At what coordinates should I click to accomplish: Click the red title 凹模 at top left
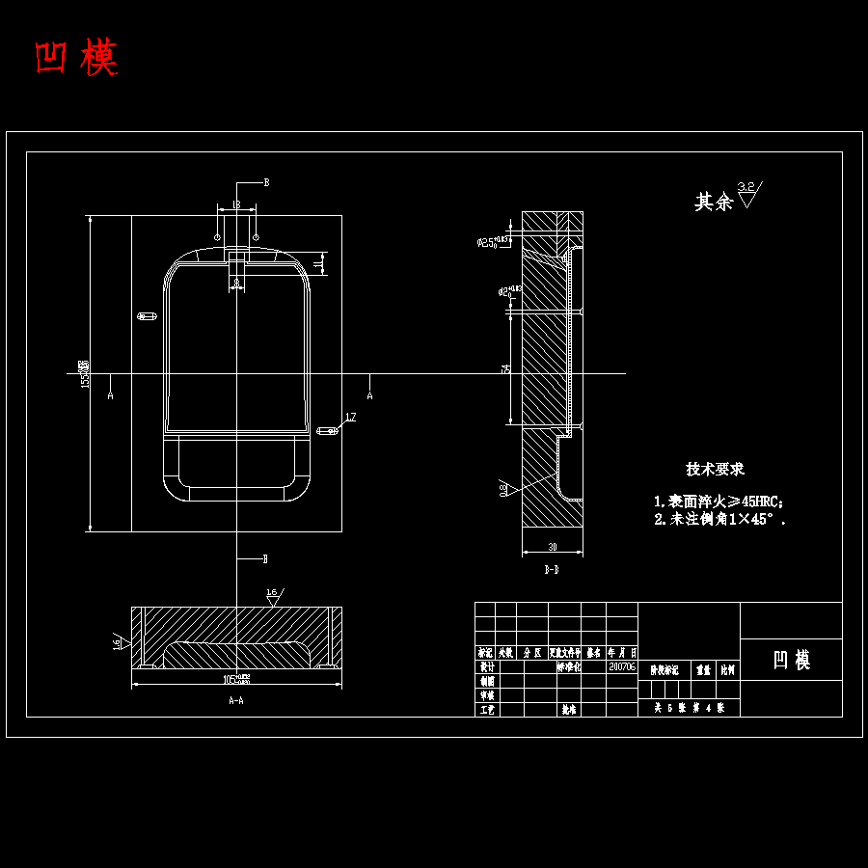tap(76, 59)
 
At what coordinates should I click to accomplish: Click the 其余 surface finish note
tap(715, 202)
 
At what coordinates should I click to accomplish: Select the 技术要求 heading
tap(715, 470)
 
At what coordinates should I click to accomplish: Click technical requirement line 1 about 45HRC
tap(719, 502)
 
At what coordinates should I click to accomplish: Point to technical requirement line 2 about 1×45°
tap(719, 520)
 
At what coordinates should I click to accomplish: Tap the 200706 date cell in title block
tap(622, 666)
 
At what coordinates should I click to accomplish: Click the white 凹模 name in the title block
tap(791, 661)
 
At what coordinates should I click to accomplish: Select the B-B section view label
tap(552, 570)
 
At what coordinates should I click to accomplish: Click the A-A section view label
tap(235, 701)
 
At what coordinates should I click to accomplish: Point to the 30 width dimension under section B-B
tap(553, 547)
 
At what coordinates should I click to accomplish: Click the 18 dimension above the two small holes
tap(236, 205)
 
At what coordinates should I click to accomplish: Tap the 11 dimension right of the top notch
tap(319, 261)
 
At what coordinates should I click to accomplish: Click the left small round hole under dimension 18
tap(218, 236)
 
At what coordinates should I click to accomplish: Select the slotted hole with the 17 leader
tap(325, 431)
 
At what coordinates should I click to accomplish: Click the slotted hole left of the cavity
tap(147, 315)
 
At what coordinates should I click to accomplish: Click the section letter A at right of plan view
tap(369, 395)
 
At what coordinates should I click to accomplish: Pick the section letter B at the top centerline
tap(266, 182)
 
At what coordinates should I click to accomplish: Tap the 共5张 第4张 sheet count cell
tap(689, 708)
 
